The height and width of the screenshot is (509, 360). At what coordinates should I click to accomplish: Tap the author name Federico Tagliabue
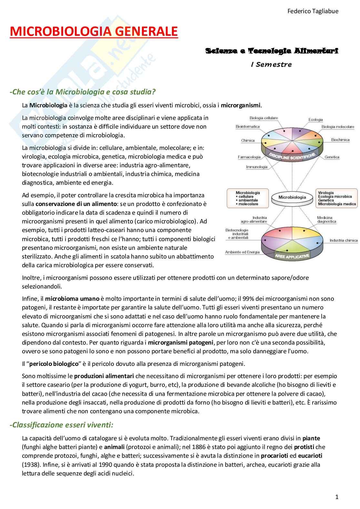(x=313, y=11)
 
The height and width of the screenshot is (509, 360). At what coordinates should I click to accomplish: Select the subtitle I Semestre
(x=271, y=64)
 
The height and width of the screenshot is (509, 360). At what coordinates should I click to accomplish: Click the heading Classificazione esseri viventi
(x=62, y=425)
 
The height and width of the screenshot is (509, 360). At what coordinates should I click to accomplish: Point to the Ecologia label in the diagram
(x=315, y=120)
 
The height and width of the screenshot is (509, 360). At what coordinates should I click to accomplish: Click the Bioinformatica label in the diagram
(x=247, y=127)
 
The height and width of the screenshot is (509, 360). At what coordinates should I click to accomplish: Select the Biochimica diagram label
(x=340, y=140)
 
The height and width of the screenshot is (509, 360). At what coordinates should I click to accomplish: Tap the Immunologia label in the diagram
(x=257, y=167)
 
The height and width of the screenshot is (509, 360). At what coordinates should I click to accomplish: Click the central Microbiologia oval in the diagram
(x=292, y=197)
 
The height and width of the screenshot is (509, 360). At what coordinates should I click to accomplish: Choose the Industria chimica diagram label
(x=344, y=240)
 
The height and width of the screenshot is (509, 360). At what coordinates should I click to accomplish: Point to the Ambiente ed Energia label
(x=242, y=252)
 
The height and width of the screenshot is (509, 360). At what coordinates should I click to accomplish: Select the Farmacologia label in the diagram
(x=249, y=157)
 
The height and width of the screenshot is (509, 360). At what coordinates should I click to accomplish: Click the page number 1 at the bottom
(x=337, y=497)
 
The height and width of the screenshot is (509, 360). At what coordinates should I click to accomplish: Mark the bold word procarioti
(x=275, y=456)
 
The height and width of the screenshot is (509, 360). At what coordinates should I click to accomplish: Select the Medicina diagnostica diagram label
(x=326, y=220)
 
